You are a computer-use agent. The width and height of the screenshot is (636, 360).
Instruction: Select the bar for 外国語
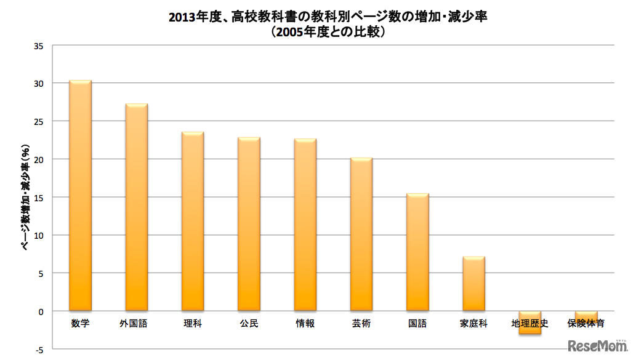136,207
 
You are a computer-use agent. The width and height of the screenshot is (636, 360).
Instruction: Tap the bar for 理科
193,222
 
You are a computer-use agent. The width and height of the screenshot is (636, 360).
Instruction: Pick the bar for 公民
249,224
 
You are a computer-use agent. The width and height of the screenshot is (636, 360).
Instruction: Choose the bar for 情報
305,225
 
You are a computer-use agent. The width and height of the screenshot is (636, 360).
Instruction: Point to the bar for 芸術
361,234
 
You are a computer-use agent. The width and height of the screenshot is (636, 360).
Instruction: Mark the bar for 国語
417,252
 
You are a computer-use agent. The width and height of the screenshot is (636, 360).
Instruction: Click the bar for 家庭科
473,284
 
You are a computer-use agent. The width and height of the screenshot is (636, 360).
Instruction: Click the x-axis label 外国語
136,323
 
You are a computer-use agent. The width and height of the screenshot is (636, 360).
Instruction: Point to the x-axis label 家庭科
473,323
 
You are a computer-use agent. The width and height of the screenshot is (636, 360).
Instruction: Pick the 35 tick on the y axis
39,46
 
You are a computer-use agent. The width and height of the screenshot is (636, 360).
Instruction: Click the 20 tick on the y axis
39,159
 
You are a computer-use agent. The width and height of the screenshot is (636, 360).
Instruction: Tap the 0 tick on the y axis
41,311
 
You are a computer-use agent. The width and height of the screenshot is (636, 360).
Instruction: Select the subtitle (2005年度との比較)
328,32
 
